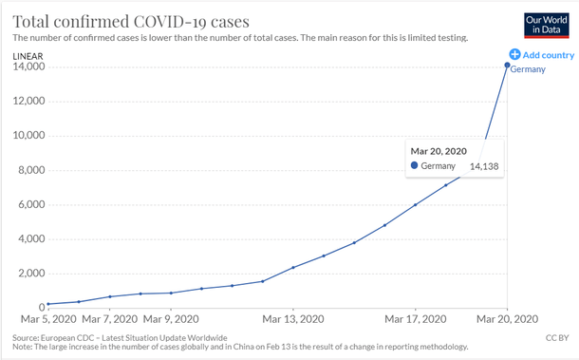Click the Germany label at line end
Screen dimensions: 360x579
(528, 69)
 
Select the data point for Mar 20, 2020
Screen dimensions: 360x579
(507, 66)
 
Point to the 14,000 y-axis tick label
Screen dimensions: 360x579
(29, 67)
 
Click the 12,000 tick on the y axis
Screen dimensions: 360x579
(29, 102)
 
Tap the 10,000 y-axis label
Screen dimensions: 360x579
(29, 136)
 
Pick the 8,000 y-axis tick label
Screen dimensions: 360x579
(32, 171)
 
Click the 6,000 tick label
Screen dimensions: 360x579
(32, 205)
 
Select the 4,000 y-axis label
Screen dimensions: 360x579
(32, 239)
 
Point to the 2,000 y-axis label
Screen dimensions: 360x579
(32, 274)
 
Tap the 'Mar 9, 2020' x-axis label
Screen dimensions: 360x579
(171, 318)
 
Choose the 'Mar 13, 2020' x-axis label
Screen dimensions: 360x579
(292, 318)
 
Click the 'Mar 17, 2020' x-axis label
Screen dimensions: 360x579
(415, 318)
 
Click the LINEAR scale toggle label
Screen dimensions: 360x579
(28, 55)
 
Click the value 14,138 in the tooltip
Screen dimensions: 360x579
(484, 167)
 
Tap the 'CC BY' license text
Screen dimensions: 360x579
(556, 337)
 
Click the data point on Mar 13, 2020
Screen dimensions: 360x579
(292, 268)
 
